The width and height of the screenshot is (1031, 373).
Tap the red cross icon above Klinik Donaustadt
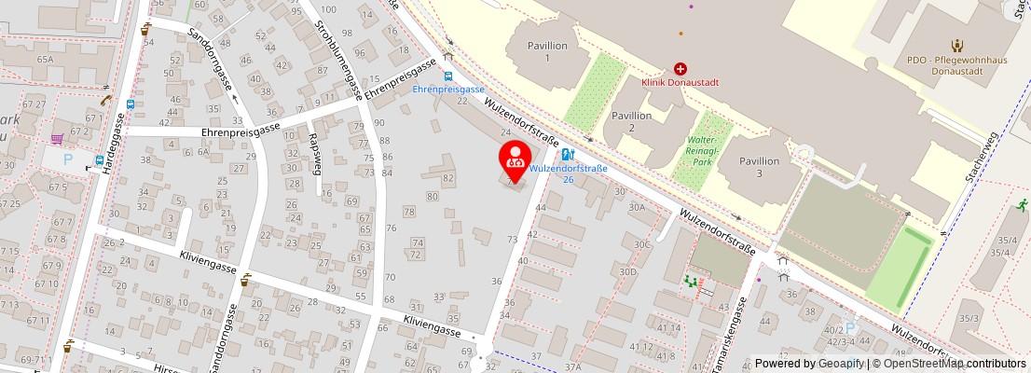680,69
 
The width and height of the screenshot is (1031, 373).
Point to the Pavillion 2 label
631,120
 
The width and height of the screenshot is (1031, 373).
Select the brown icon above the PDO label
956,45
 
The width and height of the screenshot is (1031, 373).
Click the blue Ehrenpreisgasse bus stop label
448,90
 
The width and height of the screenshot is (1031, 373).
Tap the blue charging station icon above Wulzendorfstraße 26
568,155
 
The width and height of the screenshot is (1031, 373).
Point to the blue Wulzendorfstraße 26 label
569,174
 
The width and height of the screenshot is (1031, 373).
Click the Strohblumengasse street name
338,58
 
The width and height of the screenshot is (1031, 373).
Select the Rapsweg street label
315,155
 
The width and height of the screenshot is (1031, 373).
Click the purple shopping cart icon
58,139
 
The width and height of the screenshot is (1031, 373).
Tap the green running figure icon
1023,202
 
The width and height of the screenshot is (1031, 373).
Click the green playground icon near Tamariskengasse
691,280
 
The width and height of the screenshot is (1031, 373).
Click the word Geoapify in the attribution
841,364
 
